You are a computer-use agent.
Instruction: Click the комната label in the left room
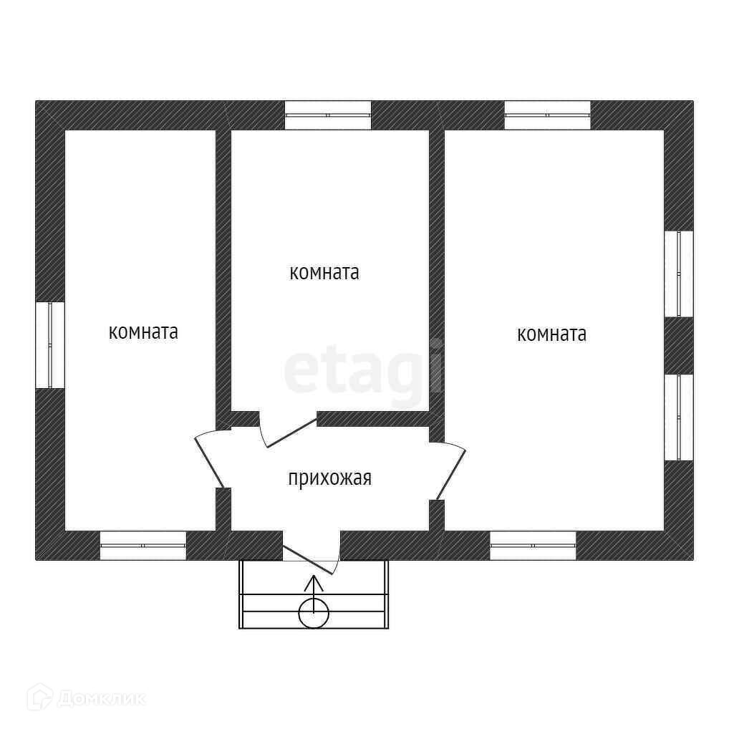coord(143,332)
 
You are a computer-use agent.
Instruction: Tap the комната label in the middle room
coord(324,273)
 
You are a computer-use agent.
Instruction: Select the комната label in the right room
coord(551,334)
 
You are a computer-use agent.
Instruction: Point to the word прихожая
coord(329,478)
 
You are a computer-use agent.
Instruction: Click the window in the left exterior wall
coord(50,345)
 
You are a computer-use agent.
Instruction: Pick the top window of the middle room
coord(328,115)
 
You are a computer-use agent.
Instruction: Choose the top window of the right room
coord(547,115)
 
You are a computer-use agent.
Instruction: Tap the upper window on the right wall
coord(679,274)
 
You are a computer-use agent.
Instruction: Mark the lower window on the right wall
coord(679,417)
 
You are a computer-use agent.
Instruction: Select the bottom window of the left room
coord(143,546)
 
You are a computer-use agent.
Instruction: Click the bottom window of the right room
coord(533,546)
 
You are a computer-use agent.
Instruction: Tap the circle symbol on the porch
coord(314,613)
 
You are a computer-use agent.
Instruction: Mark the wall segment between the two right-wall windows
coord(679,345)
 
